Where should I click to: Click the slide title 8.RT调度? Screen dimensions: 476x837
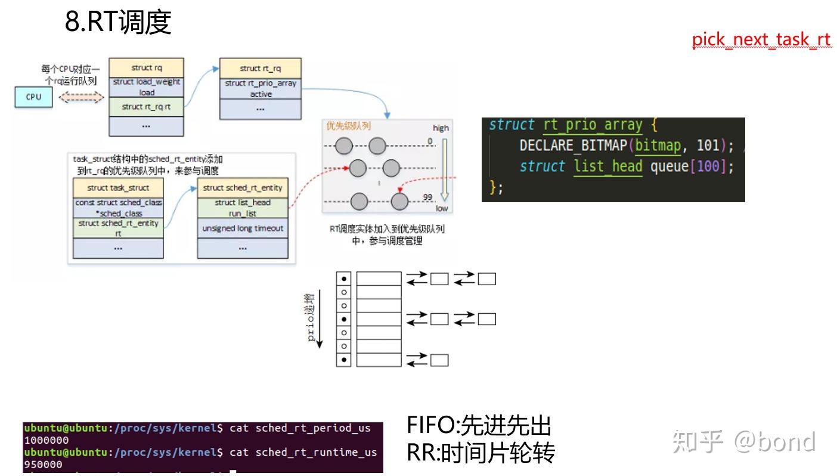118,23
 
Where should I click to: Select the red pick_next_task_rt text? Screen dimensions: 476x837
761,40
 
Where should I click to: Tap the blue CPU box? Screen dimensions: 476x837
33,97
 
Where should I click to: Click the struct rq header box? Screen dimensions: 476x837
146,68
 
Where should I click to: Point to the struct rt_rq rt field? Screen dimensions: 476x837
146,107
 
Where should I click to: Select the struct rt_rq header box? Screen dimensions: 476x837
260,69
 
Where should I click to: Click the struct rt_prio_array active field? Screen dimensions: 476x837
260,88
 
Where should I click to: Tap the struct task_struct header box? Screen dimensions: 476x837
118,188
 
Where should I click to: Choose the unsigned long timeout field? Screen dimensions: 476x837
243,228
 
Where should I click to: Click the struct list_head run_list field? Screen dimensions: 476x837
243,208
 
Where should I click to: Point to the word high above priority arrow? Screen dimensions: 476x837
441,128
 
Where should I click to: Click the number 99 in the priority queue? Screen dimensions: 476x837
427,197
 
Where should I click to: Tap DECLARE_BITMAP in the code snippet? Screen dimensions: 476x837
573,146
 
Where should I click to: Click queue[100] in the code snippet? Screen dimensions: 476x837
688,166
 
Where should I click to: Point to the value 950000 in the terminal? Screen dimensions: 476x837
43,464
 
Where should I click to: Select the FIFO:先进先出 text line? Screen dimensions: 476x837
479,426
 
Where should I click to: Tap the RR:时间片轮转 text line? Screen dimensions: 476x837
480,453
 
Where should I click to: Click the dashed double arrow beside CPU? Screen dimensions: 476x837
81,97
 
